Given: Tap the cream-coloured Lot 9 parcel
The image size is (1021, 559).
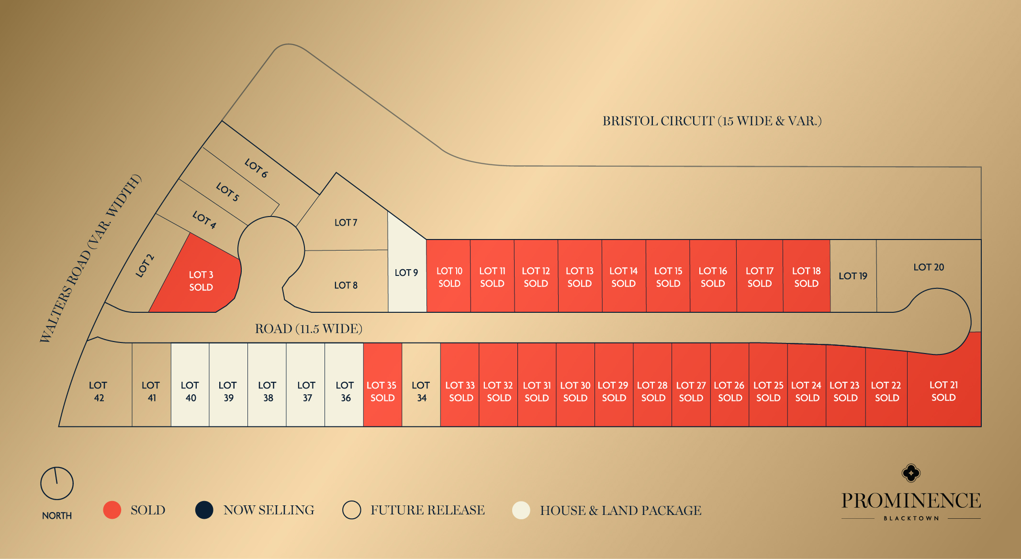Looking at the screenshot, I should tap(406, 273).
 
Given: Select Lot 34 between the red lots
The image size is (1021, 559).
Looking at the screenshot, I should tap(421, 391).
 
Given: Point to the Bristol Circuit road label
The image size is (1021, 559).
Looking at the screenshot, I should tap(712, 121).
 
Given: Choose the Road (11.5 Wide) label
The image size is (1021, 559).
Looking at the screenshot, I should tap(308, 329).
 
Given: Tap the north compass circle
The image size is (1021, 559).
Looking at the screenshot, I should tap(57, 483).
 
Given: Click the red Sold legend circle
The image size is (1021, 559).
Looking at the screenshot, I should tap(112, 510).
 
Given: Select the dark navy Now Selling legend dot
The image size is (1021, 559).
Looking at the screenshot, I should tap(204, 510).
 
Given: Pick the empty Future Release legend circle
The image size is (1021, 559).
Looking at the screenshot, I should tap(351, 510).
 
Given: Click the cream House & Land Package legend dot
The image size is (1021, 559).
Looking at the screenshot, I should tap(521, 510).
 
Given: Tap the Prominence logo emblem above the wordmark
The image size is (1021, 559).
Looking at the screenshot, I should tap(911, 473).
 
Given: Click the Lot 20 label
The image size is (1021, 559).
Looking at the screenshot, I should tap(929, 267).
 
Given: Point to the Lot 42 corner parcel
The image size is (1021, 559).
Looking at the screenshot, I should tap(98, 391).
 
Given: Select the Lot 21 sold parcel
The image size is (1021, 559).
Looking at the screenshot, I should tap(943, 391).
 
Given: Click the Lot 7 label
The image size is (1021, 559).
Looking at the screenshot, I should tap(346, 223).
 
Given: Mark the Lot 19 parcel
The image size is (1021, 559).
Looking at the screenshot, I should tap(853, 276).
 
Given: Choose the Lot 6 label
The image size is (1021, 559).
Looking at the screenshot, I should tap(256, 168).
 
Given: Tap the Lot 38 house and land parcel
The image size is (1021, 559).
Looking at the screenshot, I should tap(267, 391).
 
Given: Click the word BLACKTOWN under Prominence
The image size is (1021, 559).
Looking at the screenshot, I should tap(911, 518).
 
